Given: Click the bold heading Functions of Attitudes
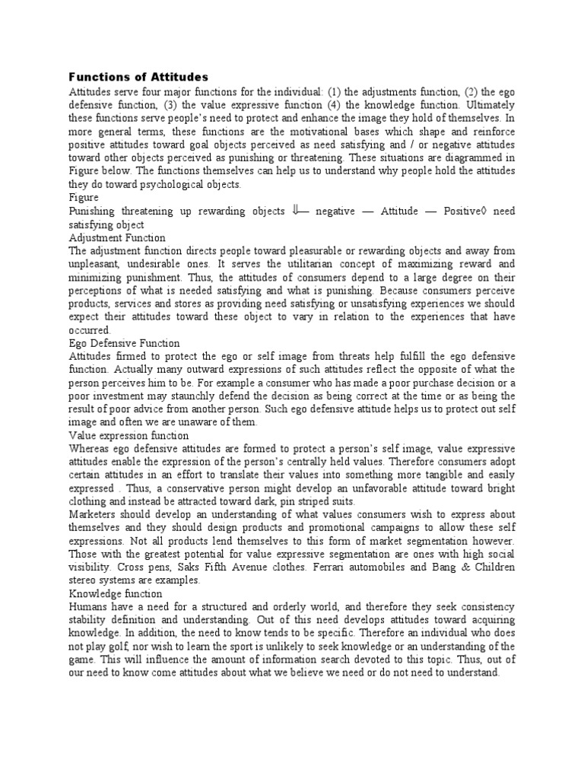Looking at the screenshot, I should click(138, 77).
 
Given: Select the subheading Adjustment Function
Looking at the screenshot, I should click(117, 237).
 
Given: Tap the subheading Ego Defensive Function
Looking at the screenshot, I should click(124, 343).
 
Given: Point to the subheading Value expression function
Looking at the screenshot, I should click(129, 436).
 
